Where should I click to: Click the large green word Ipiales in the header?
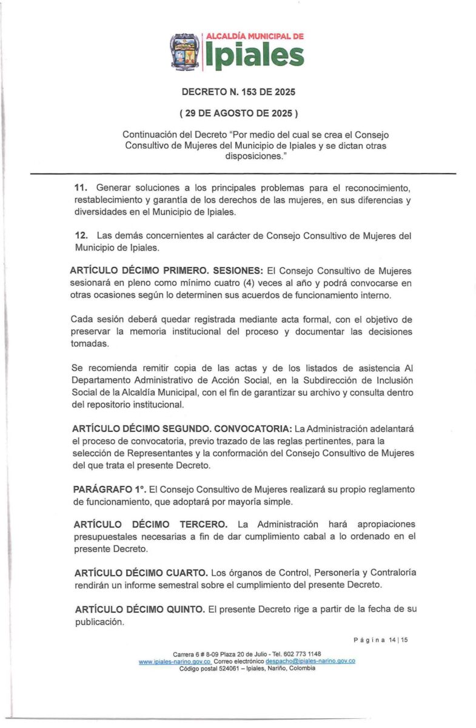(255, 56)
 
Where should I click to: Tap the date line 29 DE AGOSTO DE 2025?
(238, 113)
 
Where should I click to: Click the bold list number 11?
(79, 188)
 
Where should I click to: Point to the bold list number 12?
(79, 235)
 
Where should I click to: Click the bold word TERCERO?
(203, 524)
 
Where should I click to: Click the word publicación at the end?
(99, 622)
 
